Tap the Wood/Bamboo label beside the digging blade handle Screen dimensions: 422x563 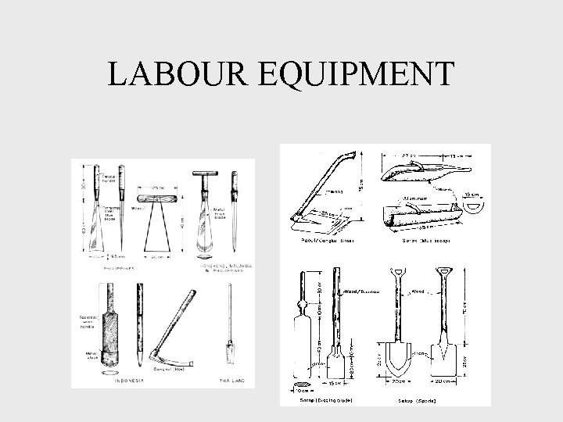(x=360, y=290)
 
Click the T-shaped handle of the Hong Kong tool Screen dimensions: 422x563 (x=199, y=175)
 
